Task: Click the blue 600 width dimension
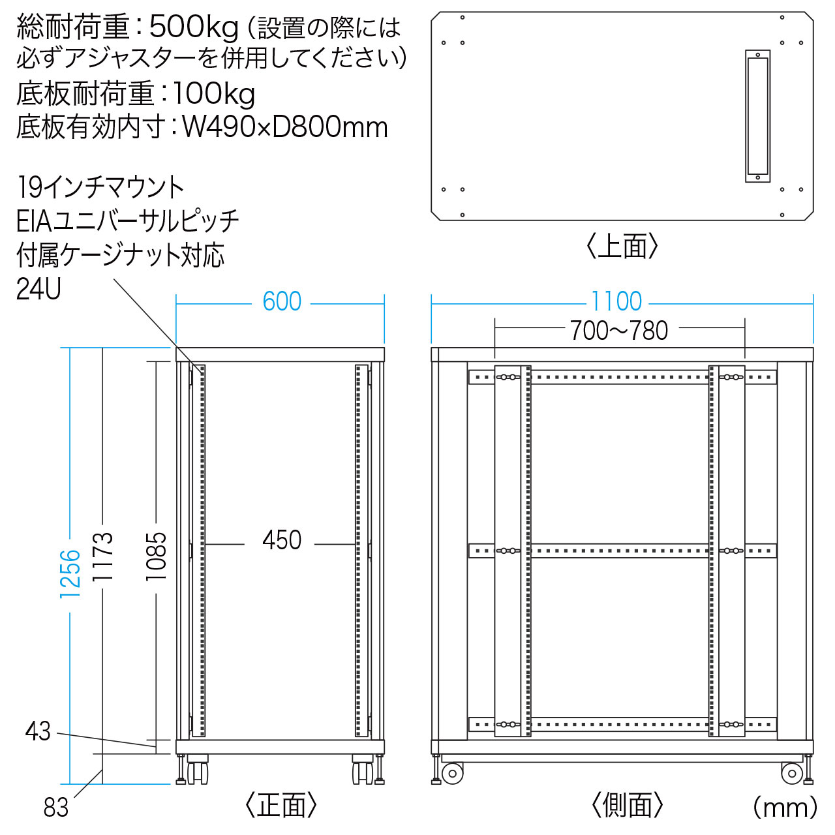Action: tap(282, 301)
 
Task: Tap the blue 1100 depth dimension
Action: tap(616, 301)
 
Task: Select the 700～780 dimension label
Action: tap(619, 331)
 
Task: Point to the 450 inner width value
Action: tap(282, 540)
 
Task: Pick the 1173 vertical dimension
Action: tap(102, 556)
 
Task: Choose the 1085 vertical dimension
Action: tap(156, 556)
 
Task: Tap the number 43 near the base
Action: tap(38, 731)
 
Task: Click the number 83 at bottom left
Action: tap(56, 808)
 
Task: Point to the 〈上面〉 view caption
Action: tap(622, 246)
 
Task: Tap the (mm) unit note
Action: tap(785, 808)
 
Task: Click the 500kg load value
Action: tap(194, 28)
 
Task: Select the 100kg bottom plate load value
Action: tap(213, 93)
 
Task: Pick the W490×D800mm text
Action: tap(284, 127)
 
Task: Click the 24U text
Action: tap(38, 289)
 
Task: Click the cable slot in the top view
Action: tap(757, 116)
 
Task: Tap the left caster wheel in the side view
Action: tap(452, 774)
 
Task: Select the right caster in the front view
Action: tap(363, 770)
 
